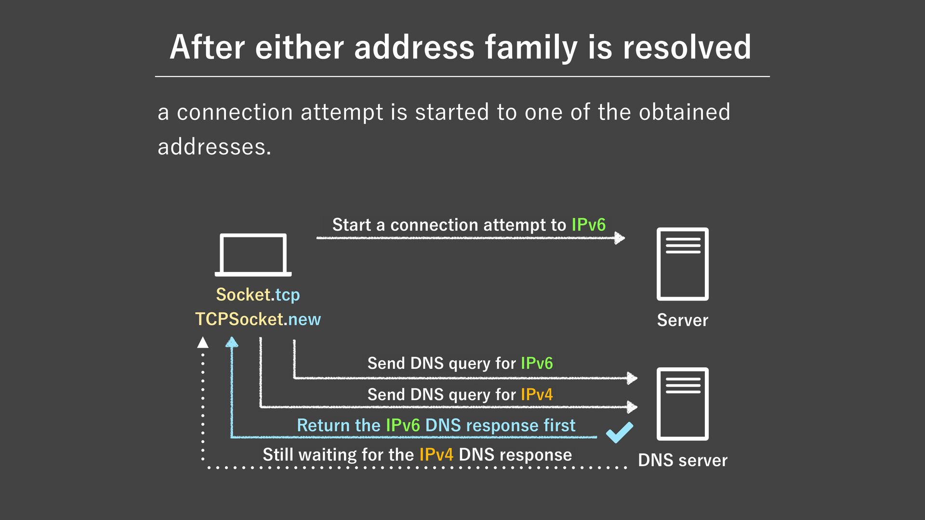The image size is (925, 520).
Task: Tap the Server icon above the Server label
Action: coord(682,264)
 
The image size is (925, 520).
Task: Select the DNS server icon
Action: coord(682,403)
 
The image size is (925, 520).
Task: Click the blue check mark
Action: coord(620,432)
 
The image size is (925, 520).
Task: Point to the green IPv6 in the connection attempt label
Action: coord(588,225)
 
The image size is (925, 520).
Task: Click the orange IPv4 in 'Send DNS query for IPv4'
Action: coord(537,395)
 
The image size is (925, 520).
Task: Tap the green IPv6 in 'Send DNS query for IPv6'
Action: coord(537,363)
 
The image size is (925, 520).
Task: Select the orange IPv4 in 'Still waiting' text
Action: coord(436,455)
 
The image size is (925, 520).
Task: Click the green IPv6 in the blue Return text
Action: coord(403,426)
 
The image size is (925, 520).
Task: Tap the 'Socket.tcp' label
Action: coord(258,295)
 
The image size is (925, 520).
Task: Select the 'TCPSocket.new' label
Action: coord(258,319)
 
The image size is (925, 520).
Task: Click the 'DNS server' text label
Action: coord(682,460)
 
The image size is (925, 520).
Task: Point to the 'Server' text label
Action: coord(682,320)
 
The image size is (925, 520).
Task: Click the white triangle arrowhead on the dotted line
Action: coord(203,342)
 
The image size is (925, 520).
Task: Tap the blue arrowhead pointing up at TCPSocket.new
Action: coord(232,342)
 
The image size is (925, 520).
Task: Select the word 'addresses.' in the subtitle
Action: coord(214,147)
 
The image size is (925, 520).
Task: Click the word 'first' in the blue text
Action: coord(559,426)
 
